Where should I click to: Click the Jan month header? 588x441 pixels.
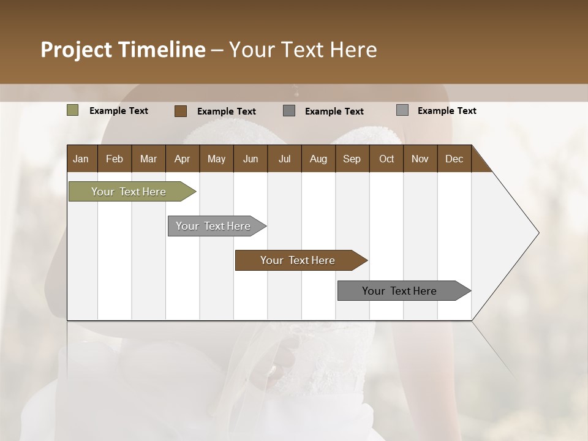[81, 159]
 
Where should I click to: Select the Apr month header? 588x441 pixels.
[182, 159]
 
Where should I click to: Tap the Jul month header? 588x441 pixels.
[284, 159]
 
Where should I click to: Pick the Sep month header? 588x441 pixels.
[352, 159]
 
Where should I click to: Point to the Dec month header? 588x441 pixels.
[454, 159]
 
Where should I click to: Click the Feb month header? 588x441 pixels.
[115, 159]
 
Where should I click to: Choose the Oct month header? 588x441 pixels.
[386, 159]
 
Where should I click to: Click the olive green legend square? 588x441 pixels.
[73, 110]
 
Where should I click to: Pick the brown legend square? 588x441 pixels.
[181, 111]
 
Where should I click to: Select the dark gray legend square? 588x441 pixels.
[289, 111]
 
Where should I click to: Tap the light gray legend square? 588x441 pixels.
[402, 110]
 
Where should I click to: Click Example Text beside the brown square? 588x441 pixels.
[227, 111]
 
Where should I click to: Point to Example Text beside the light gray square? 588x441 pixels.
[447, 111]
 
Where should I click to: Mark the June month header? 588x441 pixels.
[251, 159]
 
